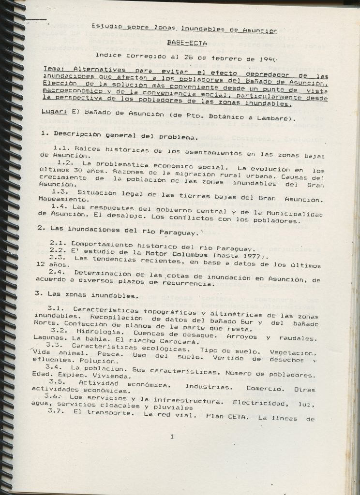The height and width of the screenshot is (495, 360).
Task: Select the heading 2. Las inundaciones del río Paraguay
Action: [x=119, y=233]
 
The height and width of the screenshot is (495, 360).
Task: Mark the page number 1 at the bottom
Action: [x=172, y=437]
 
